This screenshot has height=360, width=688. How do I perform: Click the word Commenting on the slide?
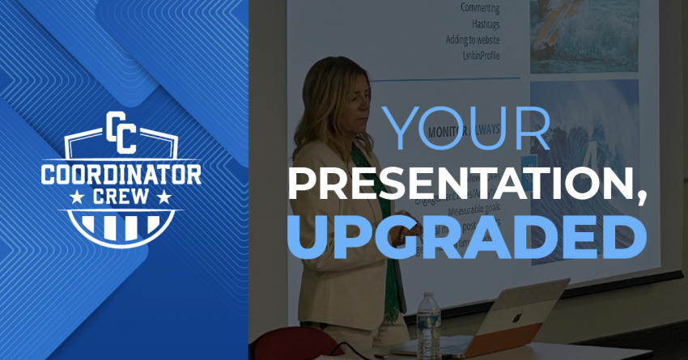(x=480, y=9)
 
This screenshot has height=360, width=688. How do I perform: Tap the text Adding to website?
(x=472, y=39)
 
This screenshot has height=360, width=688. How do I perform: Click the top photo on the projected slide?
(x=584, y=32)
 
